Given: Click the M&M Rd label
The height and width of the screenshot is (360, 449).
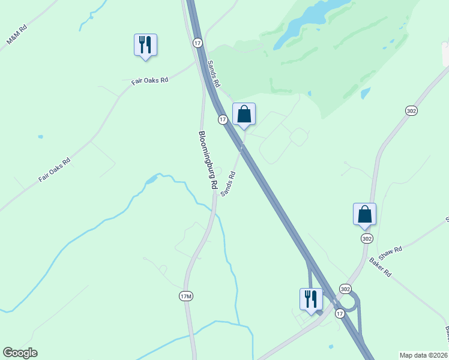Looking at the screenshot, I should tap(16, 35).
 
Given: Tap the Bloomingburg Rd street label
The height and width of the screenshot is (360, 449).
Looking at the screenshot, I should tap(207, 161).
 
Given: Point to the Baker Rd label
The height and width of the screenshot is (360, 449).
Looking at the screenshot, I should tap(380, 266).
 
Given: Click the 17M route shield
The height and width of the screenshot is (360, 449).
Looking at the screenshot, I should tap(187, 296).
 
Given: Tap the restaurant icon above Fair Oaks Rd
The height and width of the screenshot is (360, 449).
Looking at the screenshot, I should tap(145, 45).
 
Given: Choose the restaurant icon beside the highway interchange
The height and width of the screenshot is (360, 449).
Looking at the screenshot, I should tap(311, 299).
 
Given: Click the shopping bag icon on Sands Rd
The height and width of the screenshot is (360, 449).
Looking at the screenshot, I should tap(244, 114).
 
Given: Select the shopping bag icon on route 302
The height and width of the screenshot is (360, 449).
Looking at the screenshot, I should tap(364, 214).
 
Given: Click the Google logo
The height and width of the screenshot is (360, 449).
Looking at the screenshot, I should tap(20, 353).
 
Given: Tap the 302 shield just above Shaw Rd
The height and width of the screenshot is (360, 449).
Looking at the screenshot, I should tap(367, 239).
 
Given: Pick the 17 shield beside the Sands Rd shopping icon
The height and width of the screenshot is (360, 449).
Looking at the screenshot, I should tap(223, 120).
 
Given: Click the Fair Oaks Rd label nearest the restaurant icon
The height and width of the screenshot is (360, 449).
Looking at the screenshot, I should tap(149, 80).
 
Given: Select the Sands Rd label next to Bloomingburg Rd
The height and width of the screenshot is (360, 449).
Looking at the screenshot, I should tap(228, 184).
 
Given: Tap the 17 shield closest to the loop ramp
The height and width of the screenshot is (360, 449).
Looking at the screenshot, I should tap(340, 314).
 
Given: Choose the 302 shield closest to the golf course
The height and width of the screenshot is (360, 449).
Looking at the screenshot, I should tap(411, 111).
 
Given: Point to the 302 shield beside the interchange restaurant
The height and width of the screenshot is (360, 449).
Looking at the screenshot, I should tap(345, 289).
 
